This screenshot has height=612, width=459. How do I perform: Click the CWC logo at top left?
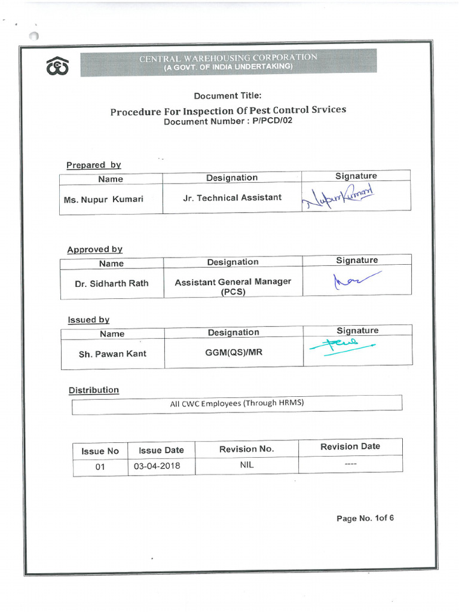(x=57, y=67)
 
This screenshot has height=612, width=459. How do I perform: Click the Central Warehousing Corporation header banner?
(x=228, y=62)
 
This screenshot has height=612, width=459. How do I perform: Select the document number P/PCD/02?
(x=228, y=121)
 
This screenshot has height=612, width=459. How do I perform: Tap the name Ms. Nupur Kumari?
(x=103, y=200)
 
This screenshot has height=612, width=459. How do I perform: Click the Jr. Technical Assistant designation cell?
(x=232, y=198)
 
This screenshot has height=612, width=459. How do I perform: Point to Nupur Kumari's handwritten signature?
(x=338, y=197)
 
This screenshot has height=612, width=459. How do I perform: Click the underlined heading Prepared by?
(x=93, y=165)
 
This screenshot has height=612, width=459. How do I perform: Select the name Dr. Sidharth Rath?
(x=112, y=284)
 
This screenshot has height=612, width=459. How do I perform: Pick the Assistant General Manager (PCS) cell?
(x=232, y=287)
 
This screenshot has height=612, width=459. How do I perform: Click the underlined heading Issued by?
(x=88, y=320)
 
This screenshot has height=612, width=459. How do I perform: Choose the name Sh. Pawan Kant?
(x=112, y=354)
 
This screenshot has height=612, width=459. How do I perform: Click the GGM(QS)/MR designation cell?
(x=234, y=352)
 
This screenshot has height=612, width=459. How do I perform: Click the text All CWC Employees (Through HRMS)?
(x=237, y=403)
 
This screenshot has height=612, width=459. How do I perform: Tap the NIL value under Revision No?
(x=246, y=465)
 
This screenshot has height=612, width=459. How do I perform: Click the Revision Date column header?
(x=350, y=446)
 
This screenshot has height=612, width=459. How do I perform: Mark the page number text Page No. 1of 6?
(x=365, y=518)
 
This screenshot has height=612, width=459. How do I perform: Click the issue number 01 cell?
(x=100, y=467)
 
